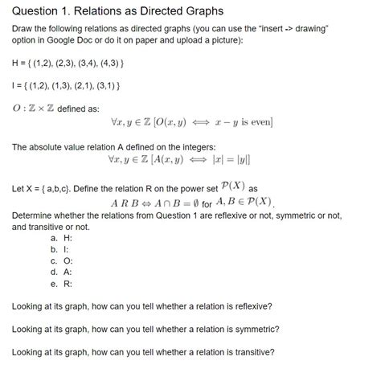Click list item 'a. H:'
[x=61, y=238]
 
